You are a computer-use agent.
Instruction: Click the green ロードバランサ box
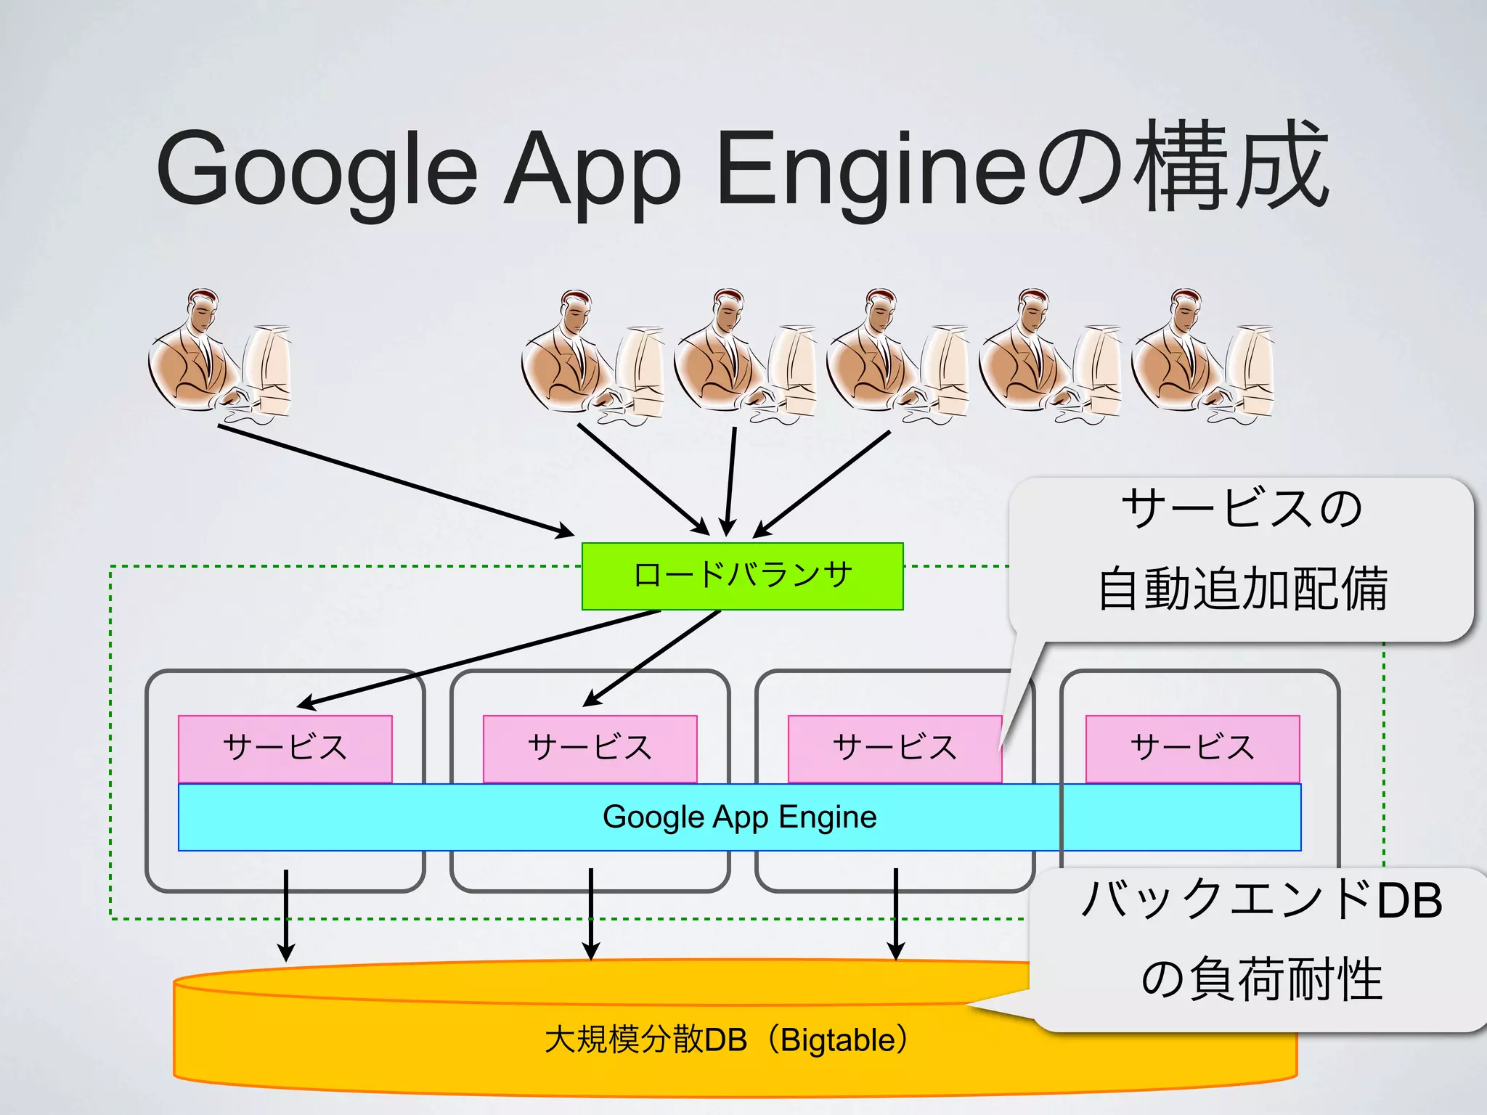pyautogui.click(x=742, y=576)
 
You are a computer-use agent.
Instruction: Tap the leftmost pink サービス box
pyautogui.click(x=285, y=748)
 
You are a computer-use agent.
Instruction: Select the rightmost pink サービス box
pyautogui.click(x=1192, y=748)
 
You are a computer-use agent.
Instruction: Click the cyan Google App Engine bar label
pyautogui.click(x=739, y=817)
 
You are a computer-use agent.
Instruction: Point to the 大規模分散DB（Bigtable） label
pyautogui.click(x=726, y=1040)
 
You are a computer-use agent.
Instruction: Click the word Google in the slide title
pyautogui.click(x=316, y=168)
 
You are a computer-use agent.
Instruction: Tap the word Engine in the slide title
pyautogui.click(x=871, y=168)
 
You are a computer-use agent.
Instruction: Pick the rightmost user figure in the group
pyautogui.click(x=1202, y=356)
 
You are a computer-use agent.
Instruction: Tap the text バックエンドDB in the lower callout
pyautogui.click(x=1261, y=900)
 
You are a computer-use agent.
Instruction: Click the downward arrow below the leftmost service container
pyautogui.click(x=286, y=915)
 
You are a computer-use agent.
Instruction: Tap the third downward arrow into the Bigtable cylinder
pyautogui.click(x=896, y=915)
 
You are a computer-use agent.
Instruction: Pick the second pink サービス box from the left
pyautogui.click(x=590, y=748)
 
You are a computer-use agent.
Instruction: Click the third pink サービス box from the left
pyautogui.click(x=895, y=748)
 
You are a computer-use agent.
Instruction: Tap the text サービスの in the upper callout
pyautogui.click(x=1242, y=508)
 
